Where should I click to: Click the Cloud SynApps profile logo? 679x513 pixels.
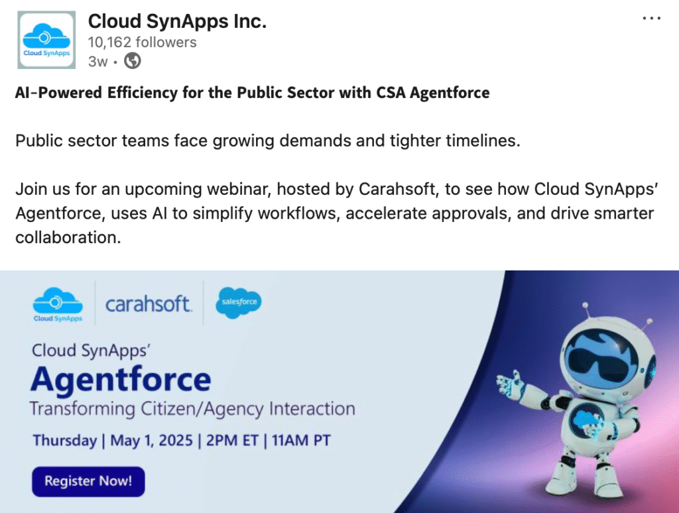[46, 40]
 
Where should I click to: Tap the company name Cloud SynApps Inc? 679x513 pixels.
[177, 21]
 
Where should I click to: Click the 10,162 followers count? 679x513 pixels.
[142, 42]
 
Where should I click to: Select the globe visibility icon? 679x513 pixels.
[133, 61]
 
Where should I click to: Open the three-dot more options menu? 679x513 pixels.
[651, 18]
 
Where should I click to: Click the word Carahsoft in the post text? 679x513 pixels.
[397, 189]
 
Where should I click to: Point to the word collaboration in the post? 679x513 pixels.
[68, 237]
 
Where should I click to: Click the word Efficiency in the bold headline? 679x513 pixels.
[143, 93]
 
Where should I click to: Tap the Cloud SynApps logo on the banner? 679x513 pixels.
[58, 305]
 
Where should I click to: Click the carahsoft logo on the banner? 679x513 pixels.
[148, 304]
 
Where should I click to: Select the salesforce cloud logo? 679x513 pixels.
[239, 303]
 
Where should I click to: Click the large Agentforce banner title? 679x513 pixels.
[121, 380]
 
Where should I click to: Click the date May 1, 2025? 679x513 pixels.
[152, 440]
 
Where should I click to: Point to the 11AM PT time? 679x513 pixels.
[301, 440]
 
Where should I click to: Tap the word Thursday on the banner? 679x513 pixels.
[65, 441]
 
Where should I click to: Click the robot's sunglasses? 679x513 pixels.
[603, 361]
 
